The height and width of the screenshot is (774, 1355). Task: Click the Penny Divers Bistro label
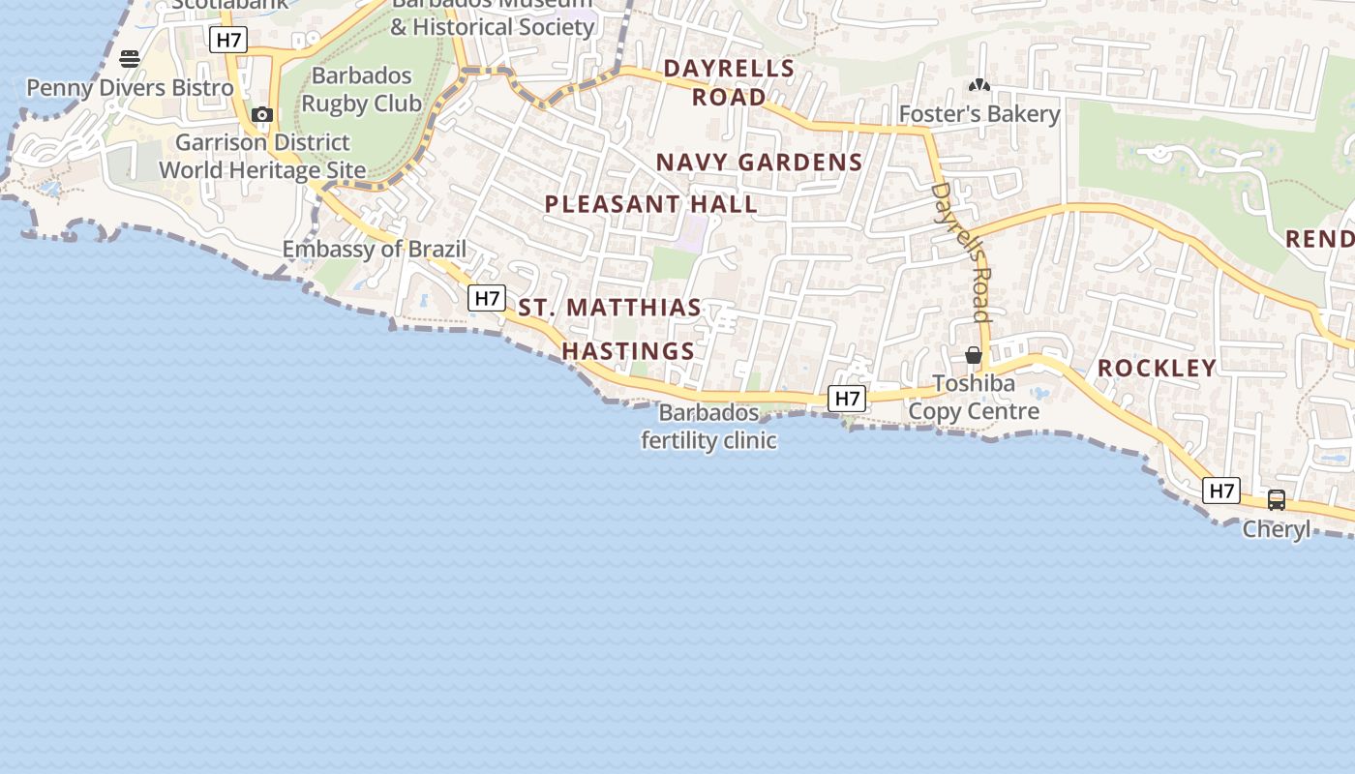pyautogui.click(x=130, y=88)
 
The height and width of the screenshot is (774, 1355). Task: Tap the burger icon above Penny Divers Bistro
pyautogui.click(x=130, y=58)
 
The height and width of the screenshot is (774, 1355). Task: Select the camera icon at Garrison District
pyautogui.click(x=261, y=115)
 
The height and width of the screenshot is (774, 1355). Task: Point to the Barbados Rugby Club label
pyautogui.click(x=361, y=90)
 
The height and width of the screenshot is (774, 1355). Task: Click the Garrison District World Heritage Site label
pyautogui.click(x=262, y=157)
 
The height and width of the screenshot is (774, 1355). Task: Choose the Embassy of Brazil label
pyautogui.click(x=374, y=250)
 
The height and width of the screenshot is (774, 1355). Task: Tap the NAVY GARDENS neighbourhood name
pyautogui.click(x=759, y=163)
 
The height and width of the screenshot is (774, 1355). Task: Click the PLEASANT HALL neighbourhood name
pyautogui.click(x=650, y=204)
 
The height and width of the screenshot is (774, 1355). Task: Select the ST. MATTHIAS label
pyautogui.click(x=610, y=308)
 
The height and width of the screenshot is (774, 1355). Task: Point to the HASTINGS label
pyautogui.click(x=628, y=351)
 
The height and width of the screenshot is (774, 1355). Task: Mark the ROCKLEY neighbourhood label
pyautogui.click(x=1157, y=368)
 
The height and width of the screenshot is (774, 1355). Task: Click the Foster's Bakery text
pyautogui.click(x=979, y=114)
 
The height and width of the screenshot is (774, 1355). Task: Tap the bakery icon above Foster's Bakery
pyautogui.click(x=979, y=85)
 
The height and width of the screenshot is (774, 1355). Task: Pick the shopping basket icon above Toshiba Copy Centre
pyautogui.click(x=974, y=356)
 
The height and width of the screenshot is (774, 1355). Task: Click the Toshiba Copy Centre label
pyautogui.click(x=974, y=398)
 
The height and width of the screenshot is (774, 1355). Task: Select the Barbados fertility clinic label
pyautogui.click(x=708, y=427)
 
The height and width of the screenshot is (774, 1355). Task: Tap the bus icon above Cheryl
pyautogui.click(x=1277, y=500)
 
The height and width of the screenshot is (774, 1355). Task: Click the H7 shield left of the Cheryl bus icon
pyautogui.click(x=1221, y=491)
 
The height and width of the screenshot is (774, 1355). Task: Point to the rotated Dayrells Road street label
pyautogui.click(x=961, y=252)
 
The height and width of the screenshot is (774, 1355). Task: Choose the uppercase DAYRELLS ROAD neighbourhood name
pyautogui.click(x=729, y=82)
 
